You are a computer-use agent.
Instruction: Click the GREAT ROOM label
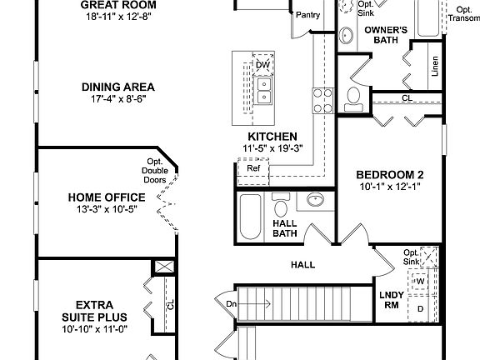117,4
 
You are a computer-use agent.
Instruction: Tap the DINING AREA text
117,86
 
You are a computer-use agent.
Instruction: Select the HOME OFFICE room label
107,197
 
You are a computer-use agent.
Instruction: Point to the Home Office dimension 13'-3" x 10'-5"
107,209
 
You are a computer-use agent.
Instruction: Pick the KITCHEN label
272,137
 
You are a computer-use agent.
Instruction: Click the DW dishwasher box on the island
262,64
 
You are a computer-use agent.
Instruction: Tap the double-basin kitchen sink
263,90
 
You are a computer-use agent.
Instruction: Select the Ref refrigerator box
253,169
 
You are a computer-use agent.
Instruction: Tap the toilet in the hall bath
282,208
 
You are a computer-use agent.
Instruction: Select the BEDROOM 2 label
390,174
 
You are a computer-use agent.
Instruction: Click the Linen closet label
435,67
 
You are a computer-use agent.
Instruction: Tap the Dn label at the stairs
231,304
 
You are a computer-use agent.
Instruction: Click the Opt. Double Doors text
156,171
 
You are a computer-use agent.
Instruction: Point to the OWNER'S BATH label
387,35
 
